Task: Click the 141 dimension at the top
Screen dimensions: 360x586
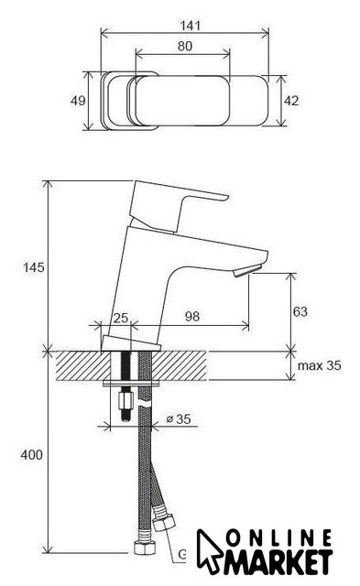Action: tap(191, 26)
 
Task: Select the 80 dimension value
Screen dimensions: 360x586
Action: tap(185, 46)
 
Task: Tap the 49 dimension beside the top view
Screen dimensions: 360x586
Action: tap(78, 101)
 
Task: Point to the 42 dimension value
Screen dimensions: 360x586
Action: tap(291, 101)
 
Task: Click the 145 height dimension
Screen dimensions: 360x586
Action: tap(34, 267)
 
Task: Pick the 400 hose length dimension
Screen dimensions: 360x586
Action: tap(32, 455)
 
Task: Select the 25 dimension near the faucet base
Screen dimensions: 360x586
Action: tap(121, 319)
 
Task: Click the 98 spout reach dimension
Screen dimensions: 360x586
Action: tap(192, 317)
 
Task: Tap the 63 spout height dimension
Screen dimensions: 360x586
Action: tap(300, 311)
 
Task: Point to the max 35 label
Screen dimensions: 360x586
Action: tap(320, 365)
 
